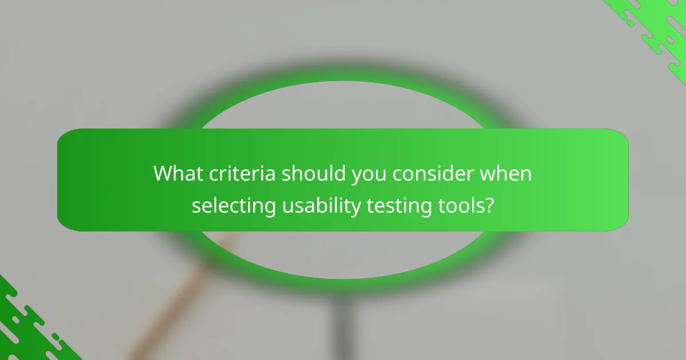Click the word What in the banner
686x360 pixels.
tap(177, 174)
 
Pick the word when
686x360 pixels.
tap(505, 174)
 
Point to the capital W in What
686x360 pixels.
tap(164, 174)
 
